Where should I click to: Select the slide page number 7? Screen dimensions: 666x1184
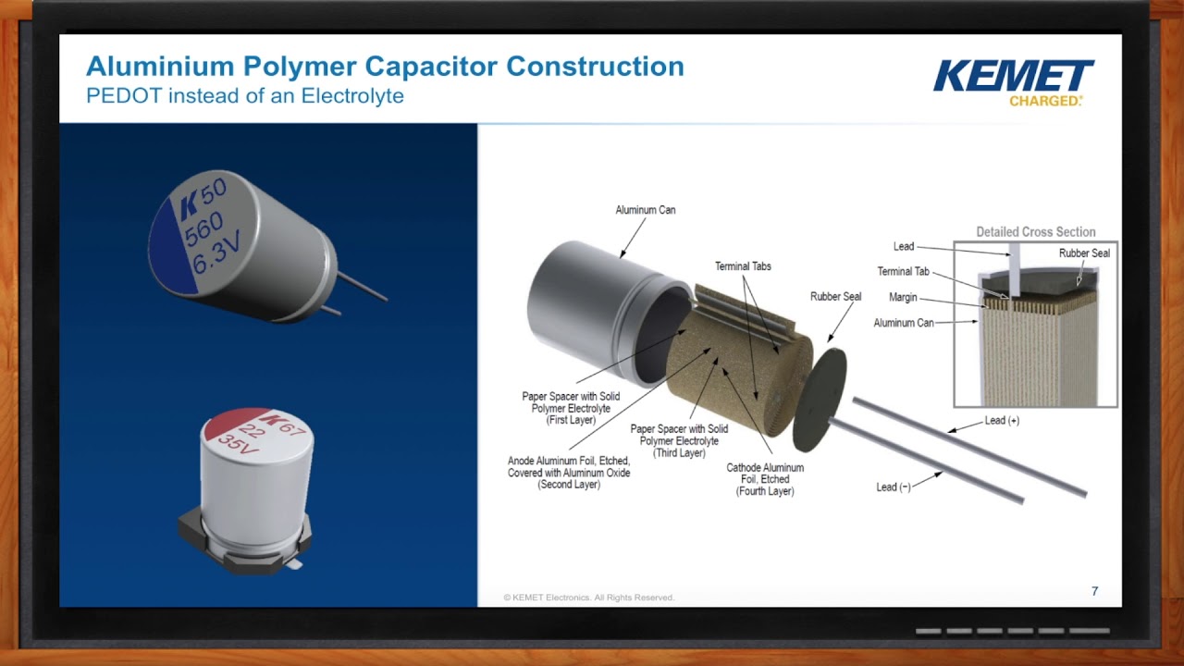click(1094, 591)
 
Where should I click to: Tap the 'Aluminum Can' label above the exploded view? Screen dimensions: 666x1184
click(646, 210)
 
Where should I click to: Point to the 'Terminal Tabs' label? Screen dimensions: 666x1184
click(743, 266)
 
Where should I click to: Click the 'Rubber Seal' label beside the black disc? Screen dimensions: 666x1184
click(835, 297)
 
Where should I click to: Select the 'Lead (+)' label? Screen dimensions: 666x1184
click(1002, 421)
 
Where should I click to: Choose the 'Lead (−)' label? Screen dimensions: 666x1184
click(894, 487)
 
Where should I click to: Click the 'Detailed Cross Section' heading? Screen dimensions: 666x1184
click(1035, 232)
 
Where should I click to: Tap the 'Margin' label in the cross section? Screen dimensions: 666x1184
click(902, 297)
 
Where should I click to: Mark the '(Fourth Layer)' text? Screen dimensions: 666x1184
click(765, 492)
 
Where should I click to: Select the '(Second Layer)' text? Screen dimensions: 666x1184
click(569, 485)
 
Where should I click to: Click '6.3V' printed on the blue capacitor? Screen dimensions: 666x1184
click(218, 253)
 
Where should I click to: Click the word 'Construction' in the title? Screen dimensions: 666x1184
click(595, 67)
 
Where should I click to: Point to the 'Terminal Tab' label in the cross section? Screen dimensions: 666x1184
click(903, 272)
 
